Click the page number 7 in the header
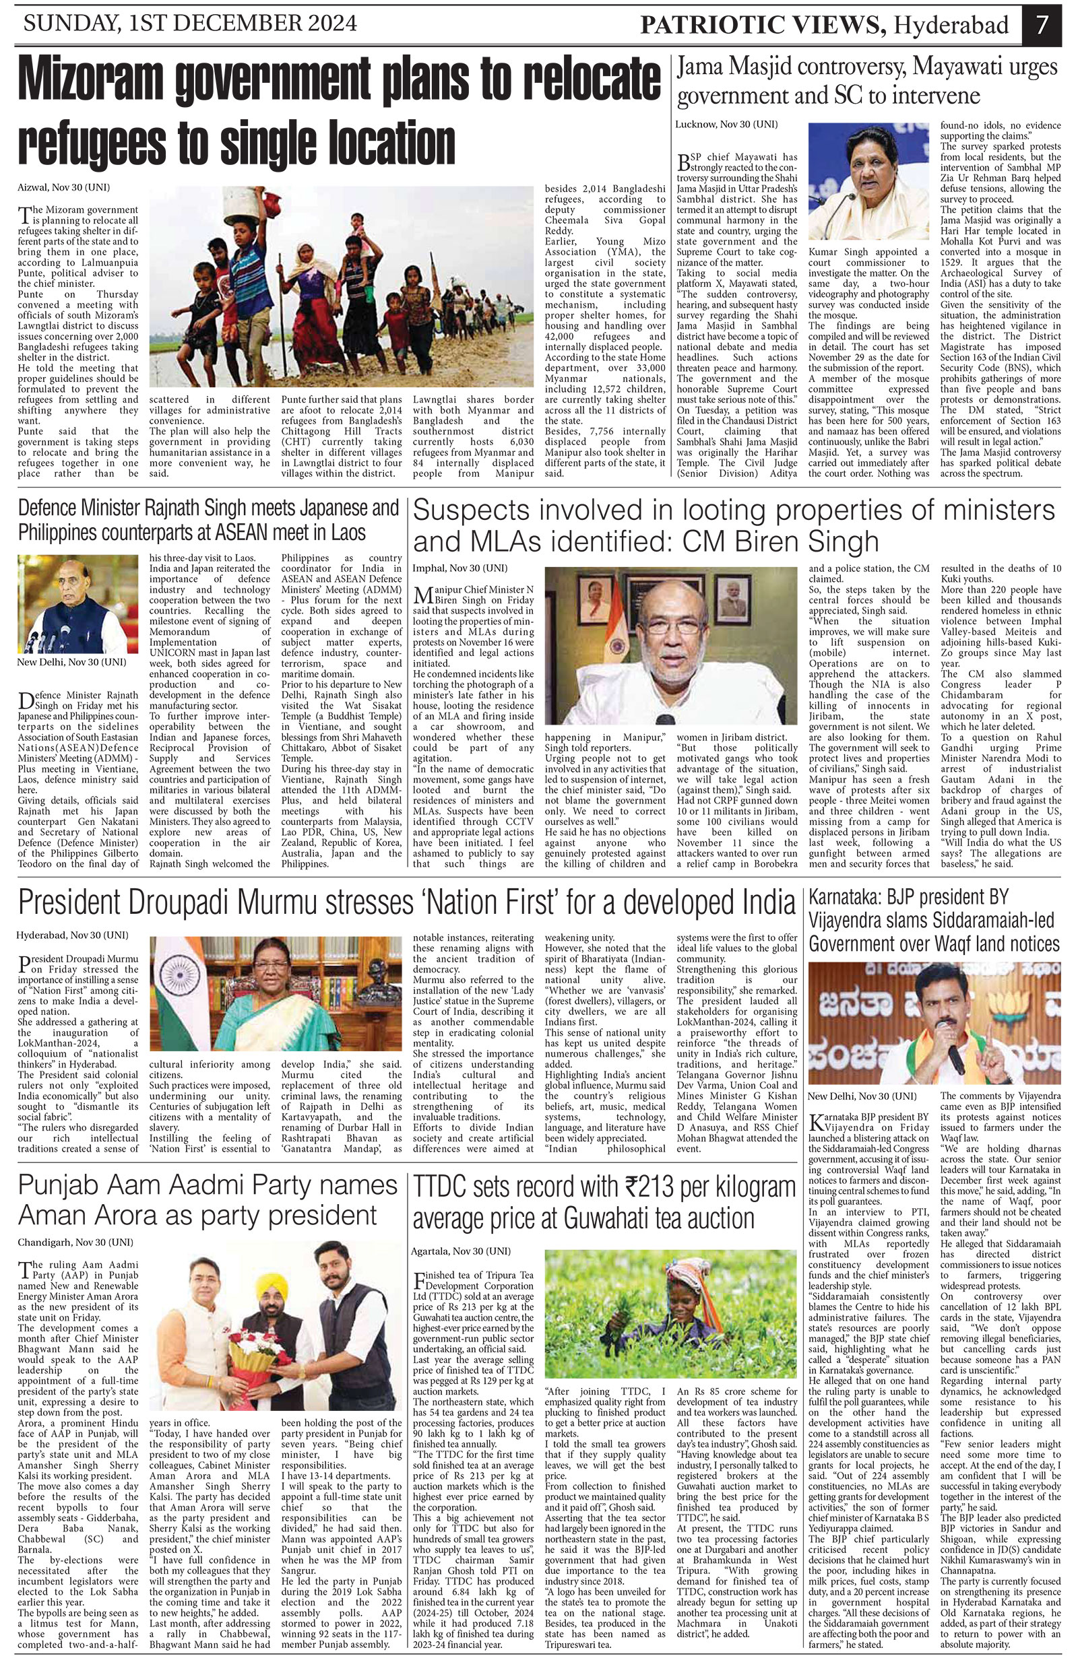[x=1042, y=25]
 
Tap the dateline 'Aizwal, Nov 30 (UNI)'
[x=63, y=188]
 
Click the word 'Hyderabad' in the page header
[x=951, y=26]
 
